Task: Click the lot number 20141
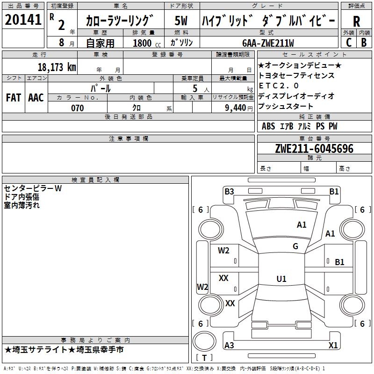pos(23,20)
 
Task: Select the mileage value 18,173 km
pos(57,67)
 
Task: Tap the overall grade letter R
pos(356,22)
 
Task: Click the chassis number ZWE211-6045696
pos(314,149)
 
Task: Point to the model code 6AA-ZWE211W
pos(268,43)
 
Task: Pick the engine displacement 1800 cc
pos(147,43)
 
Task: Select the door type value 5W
pos(181,21)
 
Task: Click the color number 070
pos(78,108)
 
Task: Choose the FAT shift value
pos(14,98)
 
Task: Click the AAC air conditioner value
pos(36,98)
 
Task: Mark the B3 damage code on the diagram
pos(229,192)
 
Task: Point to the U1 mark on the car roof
pos(281,279)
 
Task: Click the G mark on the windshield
pos(295,246)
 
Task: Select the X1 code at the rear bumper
pos(333,345)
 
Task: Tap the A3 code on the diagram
pos(229,345)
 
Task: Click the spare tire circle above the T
pos(204,341)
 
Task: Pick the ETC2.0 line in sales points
pos(279,86)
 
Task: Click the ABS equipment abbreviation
pos(268,126)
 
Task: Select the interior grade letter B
pos(364,43)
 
